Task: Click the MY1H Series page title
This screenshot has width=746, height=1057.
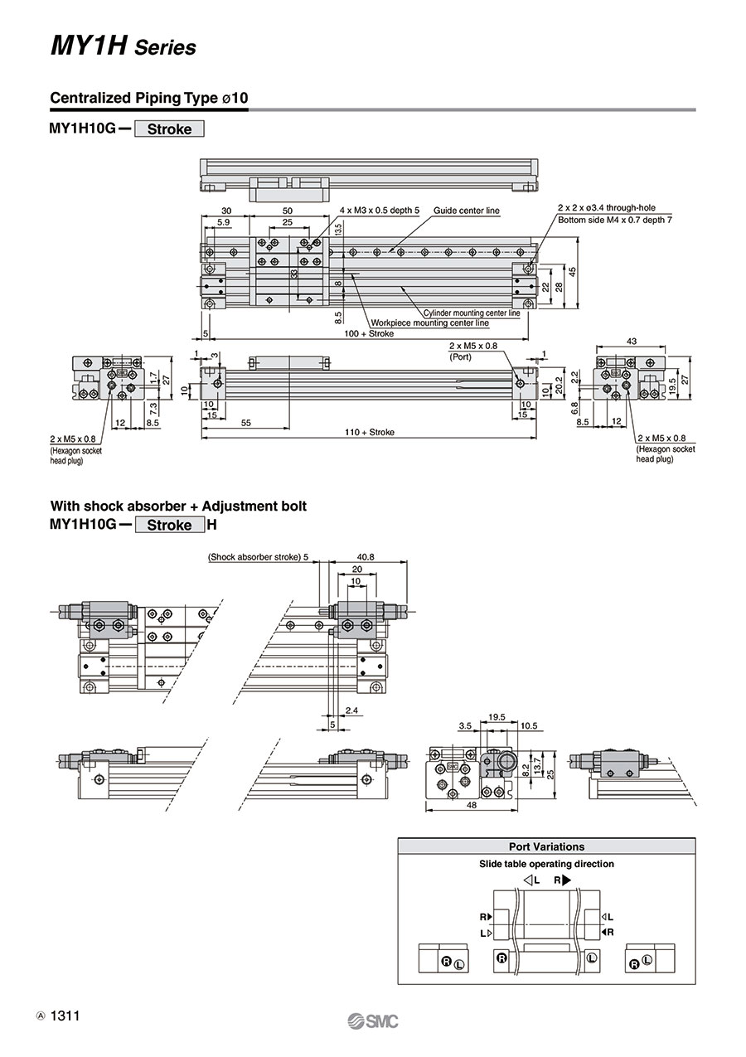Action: pos(124,47)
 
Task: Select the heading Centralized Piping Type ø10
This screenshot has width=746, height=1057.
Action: pos(148,98)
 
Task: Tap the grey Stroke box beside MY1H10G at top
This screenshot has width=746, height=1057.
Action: pos(169,128)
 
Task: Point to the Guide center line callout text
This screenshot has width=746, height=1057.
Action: pos(466,211)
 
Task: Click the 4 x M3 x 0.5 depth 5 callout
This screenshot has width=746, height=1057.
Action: pos(380,211)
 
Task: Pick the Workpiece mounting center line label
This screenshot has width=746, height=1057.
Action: pos(430,322)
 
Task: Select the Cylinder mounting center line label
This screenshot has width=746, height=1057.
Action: pos(472,313)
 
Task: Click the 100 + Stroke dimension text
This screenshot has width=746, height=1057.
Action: pos(369,333)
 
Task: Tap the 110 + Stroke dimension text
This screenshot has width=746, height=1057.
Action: pos(370,432)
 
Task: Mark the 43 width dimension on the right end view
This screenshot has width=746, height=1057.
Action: pos(632,342)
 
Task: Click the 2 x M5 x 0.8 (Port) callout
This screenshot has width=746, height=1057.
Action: pos(472,351)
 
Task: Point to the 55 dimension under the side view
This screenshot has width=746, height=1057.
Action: pos(246,423)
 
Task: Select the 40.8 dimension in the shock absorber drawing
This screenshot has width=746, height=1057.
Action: pos(366,557)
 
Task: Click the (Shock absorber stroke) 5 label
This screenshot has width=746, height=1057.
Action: pos(258,557)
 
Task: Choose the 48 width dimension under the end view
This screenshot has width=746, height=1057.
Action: pos(472,805)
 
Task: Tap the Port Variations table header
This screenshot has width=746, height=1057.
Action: pos(546,846)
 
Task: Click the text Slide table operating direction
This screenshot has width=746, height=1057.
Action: pos(546,864)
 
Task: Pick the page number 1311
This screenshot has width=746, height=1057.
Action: pos(65,1016)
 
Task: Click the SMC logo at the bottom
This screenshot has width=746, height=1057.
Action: pos(373,1021)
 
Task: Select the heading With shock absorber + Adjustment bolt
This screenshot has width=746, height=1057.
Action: pos(178,507)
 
